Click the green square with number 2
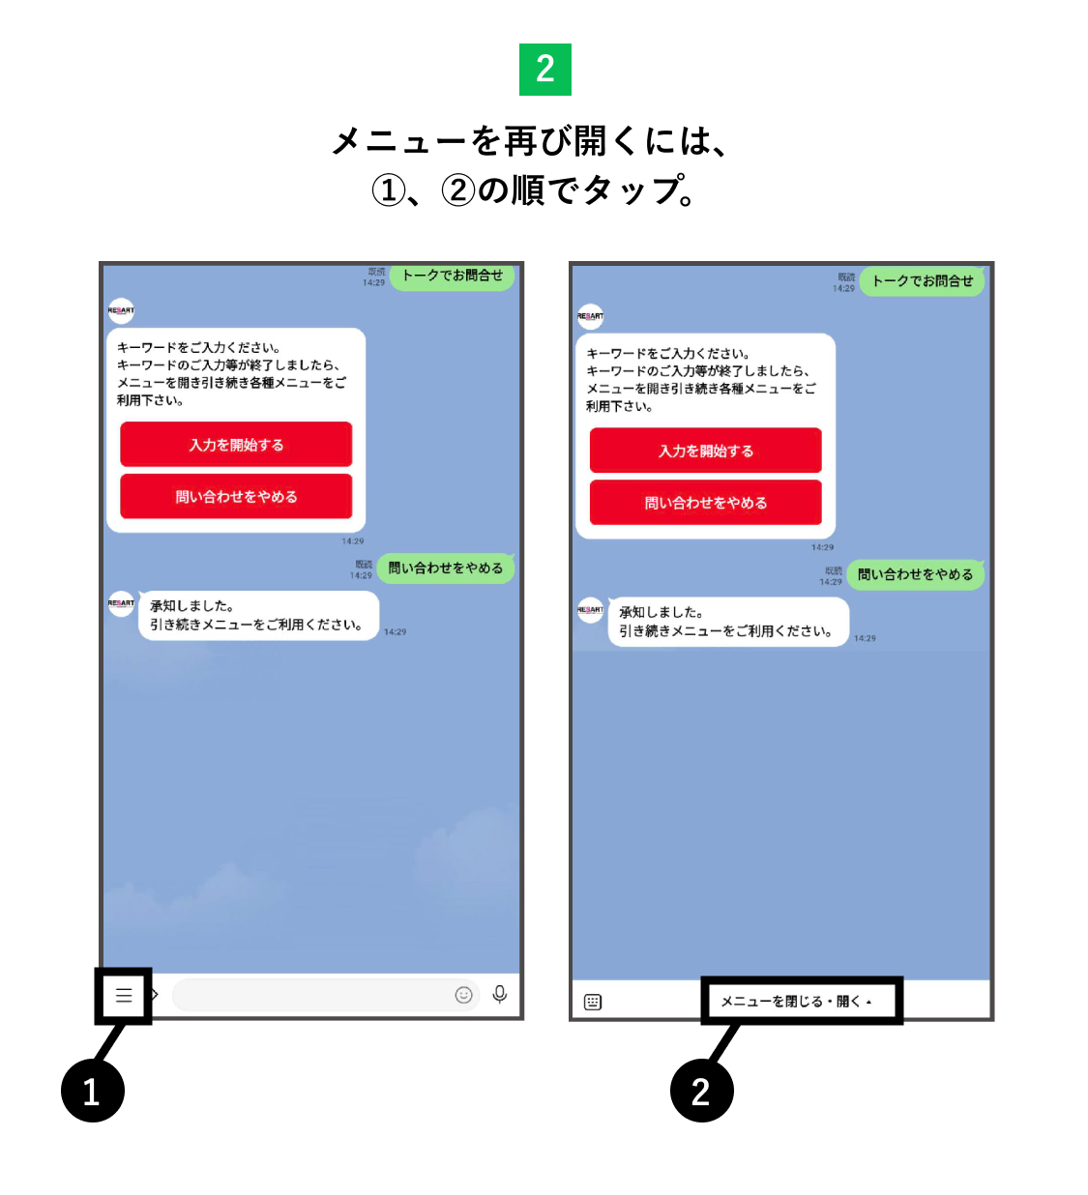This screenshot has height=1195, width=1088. (x=544, y=70)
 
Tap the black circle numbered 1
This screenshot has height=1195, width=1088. (x=93, y=1091)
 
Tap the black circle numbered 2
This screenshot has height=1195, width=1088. (x=701, y=1091)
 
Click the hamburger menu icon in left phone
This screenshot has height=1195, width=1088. (x=124, y=995)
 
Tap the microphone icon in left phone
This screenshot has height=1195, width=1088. (x=499, y=994)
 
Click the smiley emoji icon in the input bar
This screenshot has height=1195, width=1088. (x=464, y=995)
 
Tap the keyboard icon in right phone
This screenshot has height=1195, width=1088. (x=593, y=1002)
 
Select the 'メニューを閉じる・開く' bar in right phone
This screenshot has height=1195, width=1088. (x=797, y=1002)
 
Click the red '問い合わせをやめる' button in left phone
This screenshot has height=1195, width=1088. (x=236, y=497)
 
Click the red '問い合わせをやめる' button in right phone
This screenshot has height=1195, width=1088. (x=706, y=503)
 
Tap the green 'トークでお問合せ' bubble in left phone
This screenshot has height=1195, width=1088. (x=453, y=276)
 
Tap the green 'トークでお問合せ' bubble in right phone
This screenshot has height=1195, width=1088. (x=923, y=281)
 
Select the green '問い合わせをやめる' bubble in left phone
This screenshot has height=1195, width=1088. (x=446, y=568)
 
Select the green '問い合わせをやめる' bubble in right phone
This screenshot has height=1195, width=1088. (x=916, y=574)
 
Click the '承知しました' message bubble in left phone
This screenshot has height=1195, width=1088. (x=257, y=616)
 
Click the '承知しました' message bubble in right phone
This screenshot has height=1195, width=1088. (x=727, y=622)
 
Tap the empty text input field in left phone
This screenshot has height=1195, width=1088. (x=309, y=995)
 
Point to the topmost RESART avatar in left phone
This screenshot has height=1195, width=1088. (x=121, y=310)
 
